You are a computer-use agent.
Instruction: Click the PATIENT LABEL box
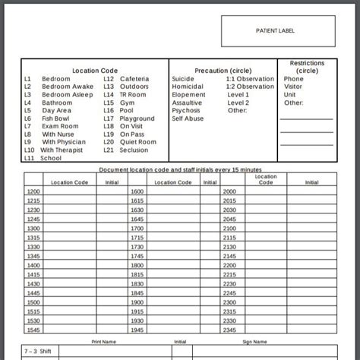pos(276,31)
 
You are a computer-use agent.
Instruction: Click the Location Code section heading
pos(95,71)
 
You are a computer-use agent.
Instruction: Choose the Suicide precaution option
pos(183,79)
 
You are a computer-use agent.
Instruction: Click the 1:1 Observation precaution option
pos(250,79)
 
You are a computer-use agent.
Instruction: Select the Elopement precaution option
pos(188,95)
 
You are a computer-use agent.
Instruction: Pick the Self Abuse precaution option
pos(188,118)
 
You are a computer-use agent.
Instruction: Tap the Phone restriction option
pos(293,79)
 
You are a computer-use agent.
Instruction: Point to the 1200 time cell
pos(33,191)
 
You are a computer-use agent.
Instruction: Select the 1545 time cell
pos(33,330)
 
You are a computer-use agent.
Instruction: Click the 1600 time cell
pos(137,191)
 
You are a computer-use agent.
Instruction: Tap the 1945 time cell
pos(137,330)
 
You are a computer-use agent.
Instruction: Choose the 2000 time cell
pos(230,191)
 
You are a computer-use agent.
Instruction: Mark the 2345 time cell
pos(230,330)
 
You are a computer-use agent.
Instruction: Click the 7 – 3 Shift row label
pos(38,352)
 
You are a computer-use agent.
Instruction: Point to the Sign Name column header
pos(254,342)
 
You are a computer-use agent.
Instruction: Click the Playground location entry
pos(137,118)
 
